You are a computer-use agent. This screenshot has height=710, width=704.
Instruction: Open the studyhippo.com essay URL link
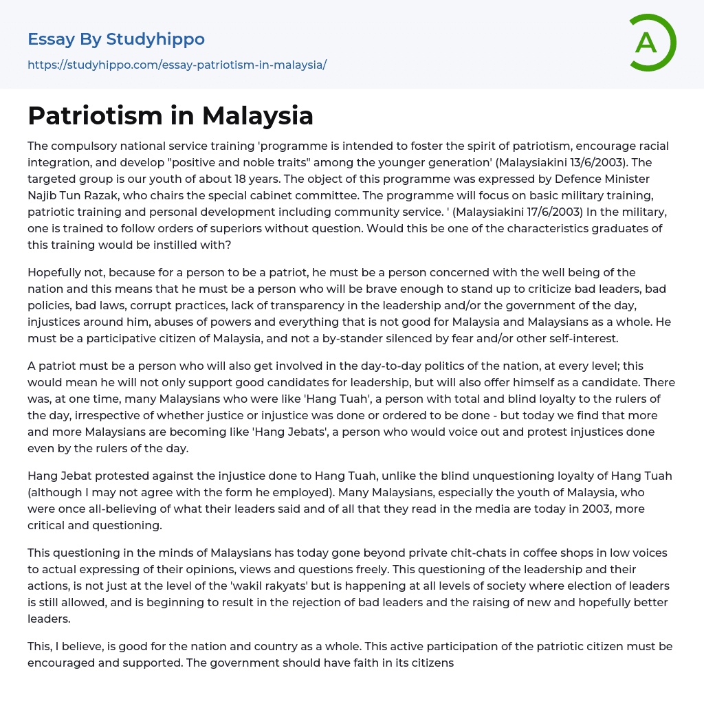coord(177,65)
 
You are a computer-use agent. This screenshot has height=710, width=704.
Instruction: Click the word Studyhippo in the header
coord(155,39)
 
